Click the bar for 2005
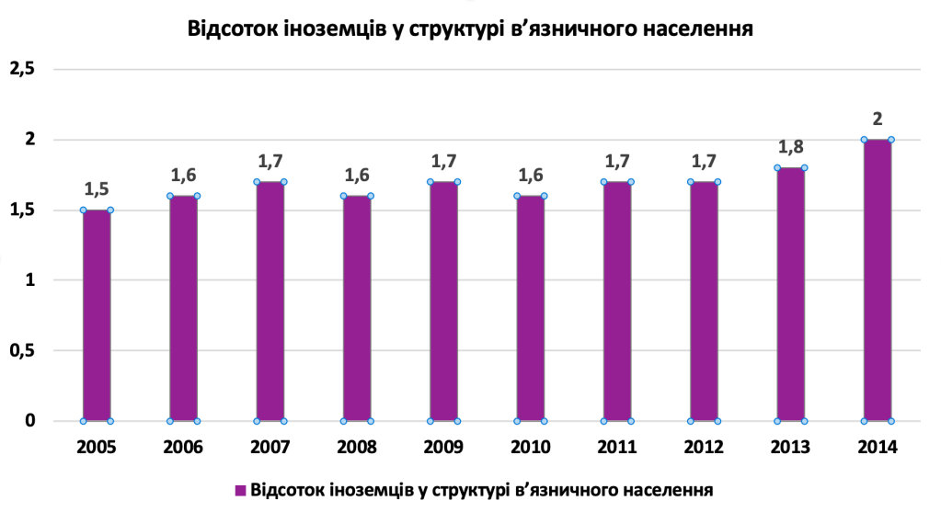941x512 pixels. pyautogui.click(x=97, y=315)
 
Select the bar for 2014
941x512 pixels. pyautogui.click(x=878, y=280)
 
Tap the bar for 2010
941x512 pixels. pyautogui.click(x=531, y=308)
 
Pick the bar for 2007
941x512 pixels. pyautogui.click(x=270, y=302)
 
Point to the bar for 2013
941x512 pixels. pyautogui.click(x=791, y=294)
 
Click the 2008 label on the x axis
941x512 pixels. pyautogui.click(x=357, y=448)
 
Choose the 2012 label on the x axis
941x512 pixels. pyautogui.click(x=704, y=448)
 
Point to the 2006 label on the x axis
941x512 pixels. pyautogui.click(x=183, y=448)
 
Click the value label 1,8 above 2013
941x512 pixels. pyautogui.click(x=791, y=148)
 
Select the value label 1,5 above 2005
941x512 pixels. pyautogui.click(x=97, y=190)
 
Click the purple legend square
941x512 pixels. pyautogui.click(x=240, y=491)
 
